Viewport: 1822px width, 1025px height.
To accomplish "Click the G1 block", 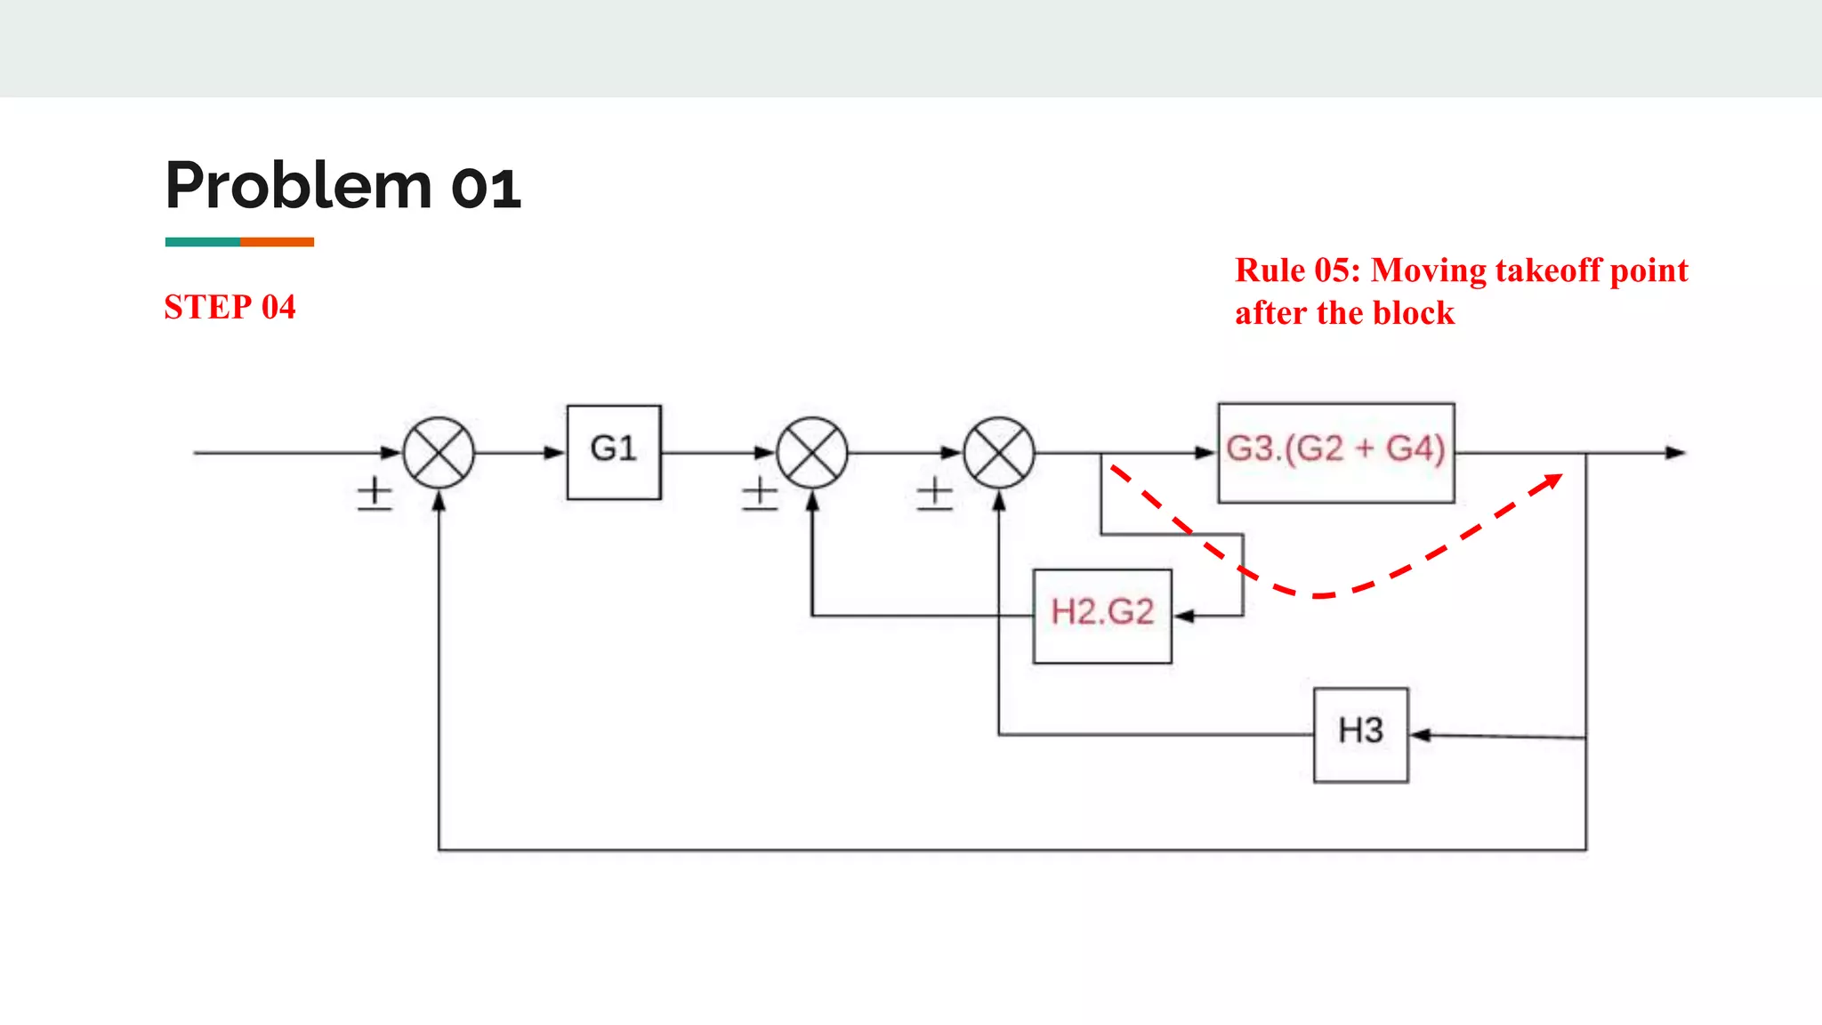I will pyautogui.click(x=614, y=452).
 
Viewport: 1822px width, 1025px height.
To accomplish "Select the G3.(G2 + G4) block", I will pyautogui.click(x=1335, y=452).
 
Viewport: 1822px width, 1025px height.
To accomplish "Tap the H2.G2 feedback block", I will pyautogui.click(x=1102, y=616).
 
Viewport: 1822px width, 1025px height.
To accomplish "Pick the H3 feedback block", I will pyautogui.click(x=1360, y=735).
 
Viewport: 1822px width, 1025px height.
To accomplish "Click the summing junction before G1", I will pyautogui.click(x=439, y=452).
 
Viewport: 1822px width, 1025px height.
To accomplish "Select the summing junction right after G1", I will pyautogui.click(x=811, y=452).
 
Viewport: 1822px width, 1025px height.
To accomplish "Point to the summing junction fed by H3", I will pyautogui.click(x=999, y=452).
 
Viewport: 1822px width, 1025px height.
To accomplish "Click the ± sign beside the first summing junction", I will pyautogui.click(x=375, y=494).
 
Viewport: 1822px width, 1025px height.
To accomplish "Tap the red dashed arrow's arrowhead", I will pyautogui.click(x=1552, y=481).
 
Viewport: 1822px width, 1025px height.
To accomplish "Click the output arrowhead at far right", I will pyautogui.click(x=1675, y=452).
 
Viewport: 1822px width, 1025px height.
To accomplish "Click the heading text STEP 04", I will pyautogui.click(x=230, y=307).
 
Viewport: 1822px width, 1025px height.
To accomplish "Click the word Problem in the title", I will pyautogui.click(x=299, y=186).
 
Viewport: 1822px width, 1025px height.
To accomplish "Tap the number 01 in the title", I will pyautogui.click(x=486, y=188).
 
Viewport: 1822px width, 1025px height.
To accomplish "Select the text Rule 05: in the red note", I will pyautogui.click(x=1297, y=270).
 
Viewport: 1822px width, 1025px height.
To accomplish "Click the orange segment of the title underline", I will pyautogui.click(x=277, y=242).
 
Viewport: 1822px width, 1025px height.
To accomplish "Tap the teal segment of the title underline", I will pyautogui.click(x=202, y=242).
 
